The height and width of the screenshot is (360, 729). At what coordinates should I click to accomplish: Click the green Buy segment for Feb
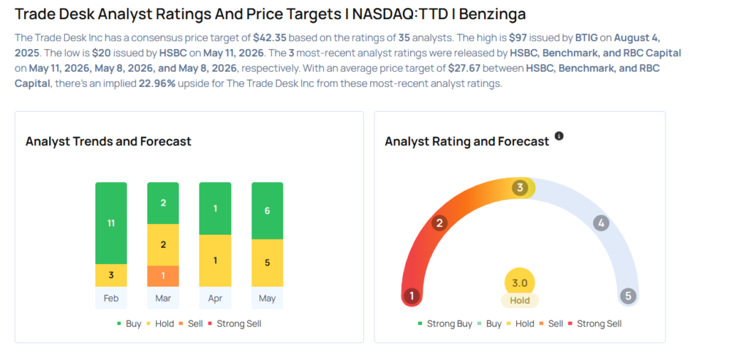tap(111, 223)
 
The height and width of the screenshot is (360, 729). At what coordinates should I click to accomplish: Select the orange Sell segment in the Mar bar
tap(163, 276)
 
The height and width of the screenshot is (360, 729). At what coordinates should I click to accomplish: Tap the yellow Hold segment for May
tap(268, 263)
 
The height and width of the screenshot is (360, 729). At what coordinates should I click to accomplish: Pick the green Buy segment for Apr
tap(215, 208)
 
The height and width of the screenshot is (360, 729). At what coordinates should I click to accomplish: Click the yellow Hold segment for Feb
tap(111, 275)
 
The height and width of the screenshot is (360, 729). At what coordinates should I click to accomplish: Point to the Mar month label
tap(163, 298)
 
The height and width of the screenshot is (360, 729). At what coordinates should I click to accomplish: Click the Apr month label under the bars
tap(215, 298)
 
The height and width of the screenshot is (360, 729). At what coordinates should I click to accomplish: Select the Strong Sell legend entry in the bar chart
tap(236, 324)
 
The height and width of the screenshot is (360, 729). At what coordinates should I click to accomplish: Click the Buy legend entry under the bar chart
tap(130, 324)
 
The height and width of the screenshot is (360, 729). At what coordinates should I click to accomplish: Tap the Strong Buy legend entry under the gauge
tap(445, 324)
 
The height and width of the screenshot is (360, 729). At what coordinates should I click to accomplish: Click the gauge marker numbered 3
tap(520, 188)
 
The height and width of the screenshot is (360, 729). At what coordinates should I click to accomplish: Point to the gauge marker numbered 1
tap(411, 296)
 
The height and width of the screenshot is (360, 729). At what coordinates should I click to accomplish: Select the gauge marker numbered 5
tap(628, 296)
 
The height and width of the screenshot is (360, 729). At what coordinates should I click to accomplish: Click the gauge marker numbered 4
tap(601, 223)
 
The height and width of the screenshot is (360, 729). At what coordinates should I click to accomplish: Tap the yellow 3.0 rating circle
tap(520, 283)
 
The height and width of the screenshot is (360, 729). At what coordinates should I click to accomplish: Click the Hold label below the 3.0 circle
tap(520, 300)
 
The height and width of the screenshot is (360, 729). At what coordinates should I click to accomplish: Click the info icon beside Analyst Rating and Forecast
tap(560, 136)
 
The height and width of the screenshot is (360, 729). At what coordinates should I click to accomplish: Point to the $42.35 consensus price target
tap(270, 37)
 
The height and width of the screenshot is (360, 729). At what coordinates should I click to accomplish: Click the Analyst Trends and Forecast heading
tap(108, 141)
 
